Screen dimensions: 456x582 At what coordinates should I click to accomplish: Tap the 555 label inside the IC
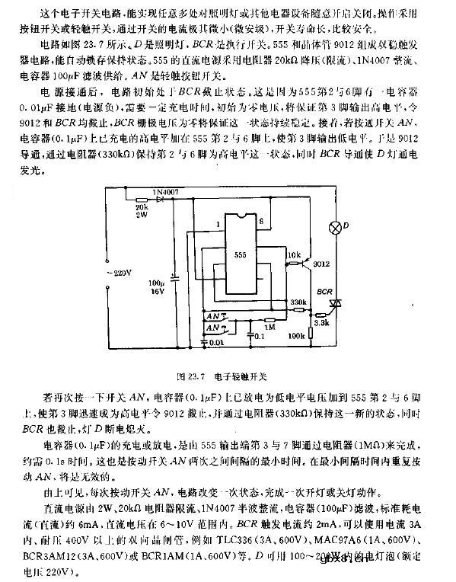(x=240, y=254)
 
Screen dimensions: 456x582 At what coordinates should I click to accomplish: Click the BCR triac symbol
(x=333, y=303)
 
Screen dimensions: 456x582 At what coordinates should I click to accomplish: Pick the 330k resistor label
(x=298, y=302)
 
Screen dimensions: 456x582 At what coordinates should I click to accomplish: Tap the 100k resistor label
(x=295, y=334)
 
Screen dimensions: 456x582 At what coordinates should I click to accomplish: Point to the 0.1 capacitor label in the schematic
(x=260, y=335)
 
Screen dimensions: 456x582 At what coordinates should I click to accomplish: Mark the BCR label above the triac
(x=325, y=291)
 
